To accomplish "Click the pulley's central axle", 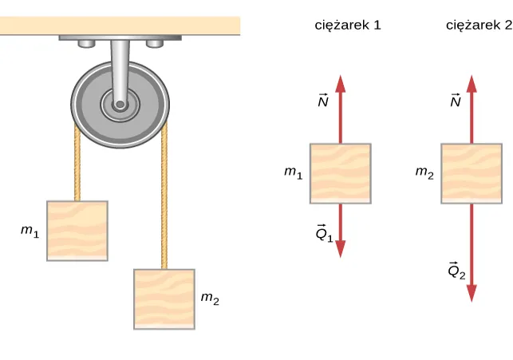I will pos(120,104).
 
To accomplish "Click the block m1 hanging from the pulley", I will pos(77,231).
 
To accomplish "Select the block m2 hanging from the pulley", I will pos(164,299).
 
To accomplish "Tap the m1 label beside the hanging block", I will pos(30,231).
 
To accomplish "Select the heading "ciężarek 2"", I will pos(478,25).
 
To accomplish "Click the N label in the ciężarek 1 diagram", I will pos(322,101).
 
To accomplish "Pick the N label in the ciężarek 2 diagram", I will pos(455,101).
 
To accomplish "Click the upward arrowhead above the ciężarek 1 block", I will pos(341,84).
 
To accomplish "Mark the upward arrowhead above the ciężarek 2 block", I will pos(472,84).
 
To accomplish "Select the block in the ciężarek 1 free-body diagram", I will pos(341,173).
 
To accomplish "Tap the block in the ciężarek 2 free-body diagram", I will pos(472,173).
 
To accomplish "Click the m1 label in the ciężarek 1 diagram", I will pos(294,172).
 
